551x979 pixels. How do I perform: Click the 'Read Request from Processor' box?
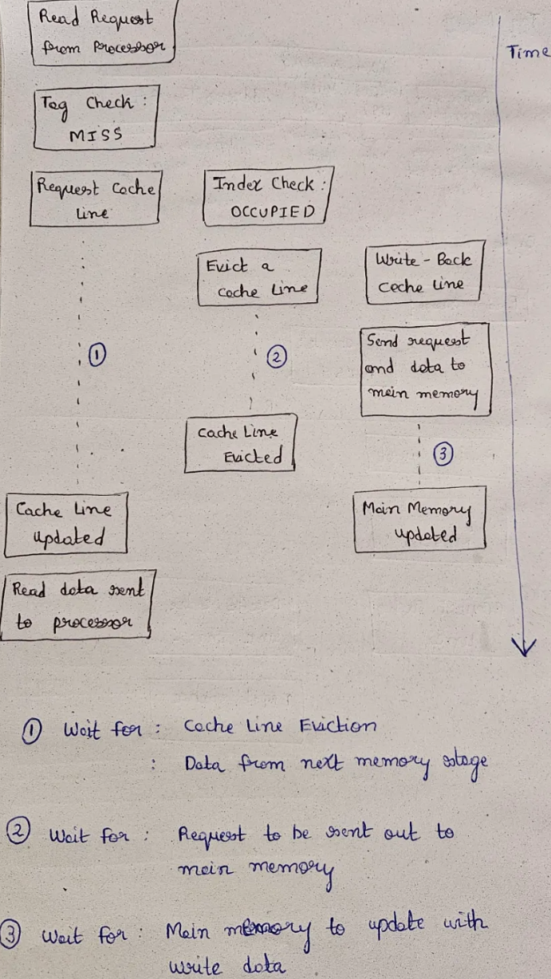101,33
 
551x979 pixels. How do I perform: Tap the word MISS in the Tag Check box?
96,135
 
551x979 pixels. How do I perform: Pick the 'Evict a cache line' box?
258,277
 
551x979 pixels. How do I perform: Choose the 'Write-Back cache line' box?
423,273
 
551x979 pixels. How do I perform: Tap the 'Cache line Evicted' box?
239,443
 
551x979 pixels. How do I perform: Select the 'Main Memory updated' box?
420,521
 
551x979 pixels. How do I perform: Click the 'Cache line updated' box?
65,524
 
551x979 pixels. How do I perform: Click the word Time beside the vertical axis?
528,53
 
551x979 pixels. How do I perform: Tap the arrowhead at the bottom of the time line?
523,646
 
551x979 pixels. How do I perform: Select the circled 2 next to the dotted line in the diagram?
276,359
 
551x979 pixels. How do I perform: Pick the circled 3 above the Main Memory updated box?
443,454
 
